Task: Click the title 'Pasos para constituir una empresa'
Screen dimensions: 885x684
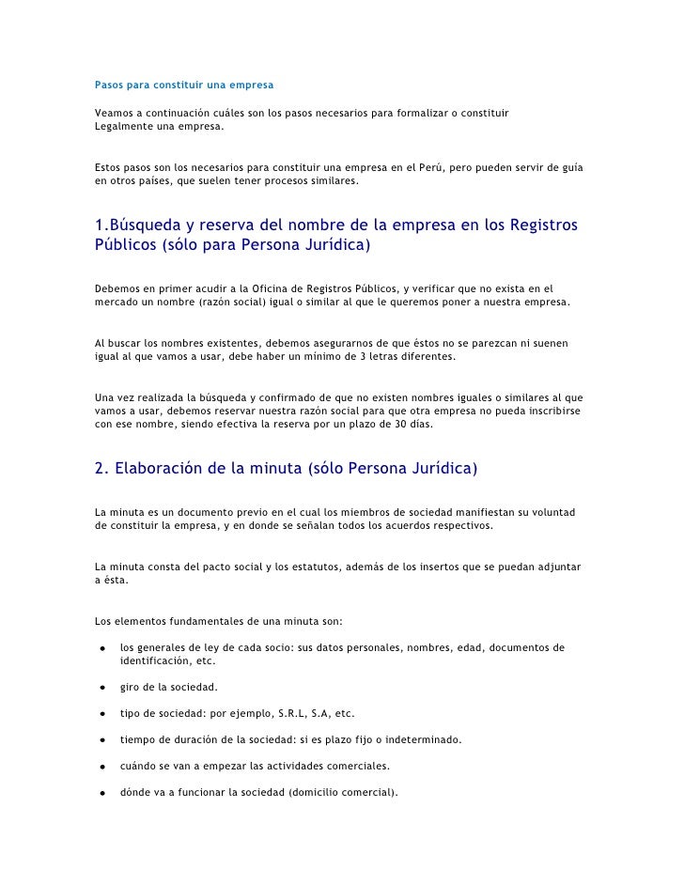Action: [184, 85]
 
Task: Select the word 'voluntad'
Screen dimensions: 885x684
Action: [553, 511]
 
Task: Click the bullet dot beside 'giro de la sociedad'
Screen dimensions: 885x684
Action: [100, 688]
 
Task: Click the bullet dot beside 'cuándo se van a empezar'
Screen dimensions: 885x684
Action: [100, 766]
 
